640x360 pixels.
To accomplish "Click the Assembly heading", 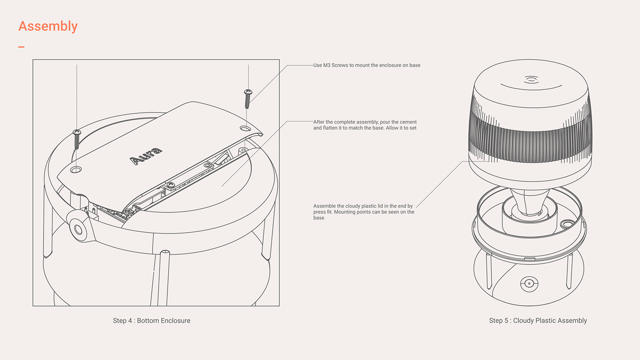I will (48, 26).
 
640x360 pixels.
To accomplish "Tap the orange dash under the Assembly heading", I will (21, 47).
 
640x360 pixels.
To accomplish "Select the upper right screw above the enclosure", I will (248, 99).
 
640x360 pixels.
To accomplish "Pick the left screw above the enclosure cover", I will (77, 139).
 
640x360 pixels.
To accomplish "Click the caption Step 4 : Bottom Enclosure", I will (151, 321).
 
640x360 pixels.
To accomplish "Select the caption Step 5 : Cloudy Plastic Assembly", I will (538, 321).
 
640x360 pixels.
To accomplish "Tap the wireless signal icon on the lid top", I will (531, 79).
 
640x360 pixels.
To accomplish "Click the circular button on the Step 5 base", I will (528, 284).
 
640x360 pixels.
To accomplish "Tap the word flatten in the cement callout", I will (331, 128).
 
